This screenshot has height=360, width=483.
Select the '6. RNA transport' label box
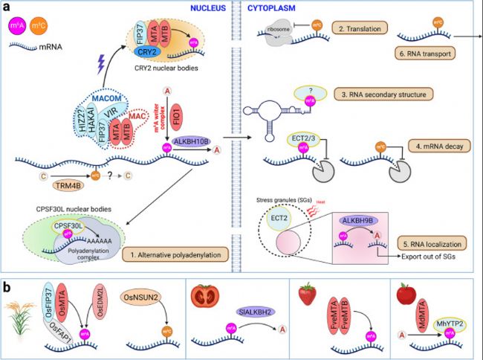(x=430, y=54)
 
